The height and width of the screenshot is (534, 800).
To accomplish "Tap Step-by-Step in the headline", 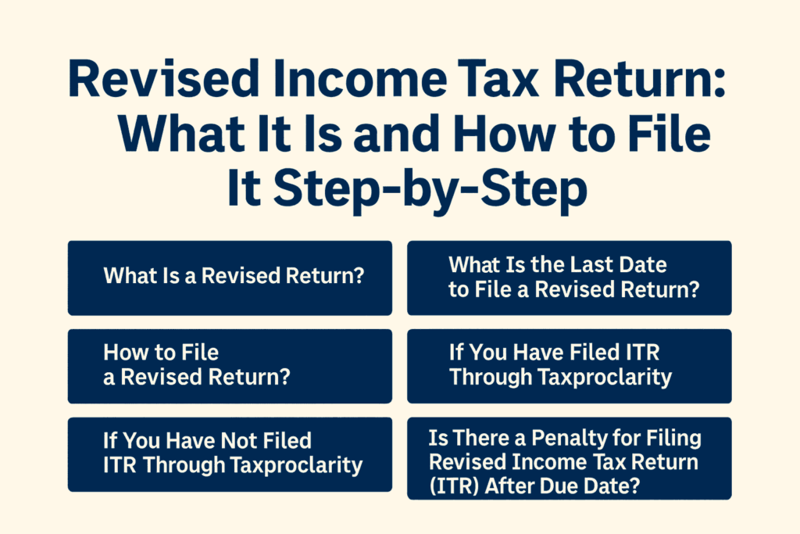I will tap(406, 190).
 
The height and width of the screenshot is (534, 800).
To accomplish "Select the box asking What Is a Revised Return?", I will tap(230, 277).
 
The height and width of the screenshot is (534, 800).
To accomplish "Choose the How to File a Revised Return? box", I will tap(230, 365).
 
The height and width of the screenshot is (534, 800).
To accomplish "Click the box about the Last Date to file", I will tap(569, 277).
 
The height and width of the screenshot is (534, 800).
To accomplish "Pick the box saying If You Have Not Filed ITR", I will tap(230, 453).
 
